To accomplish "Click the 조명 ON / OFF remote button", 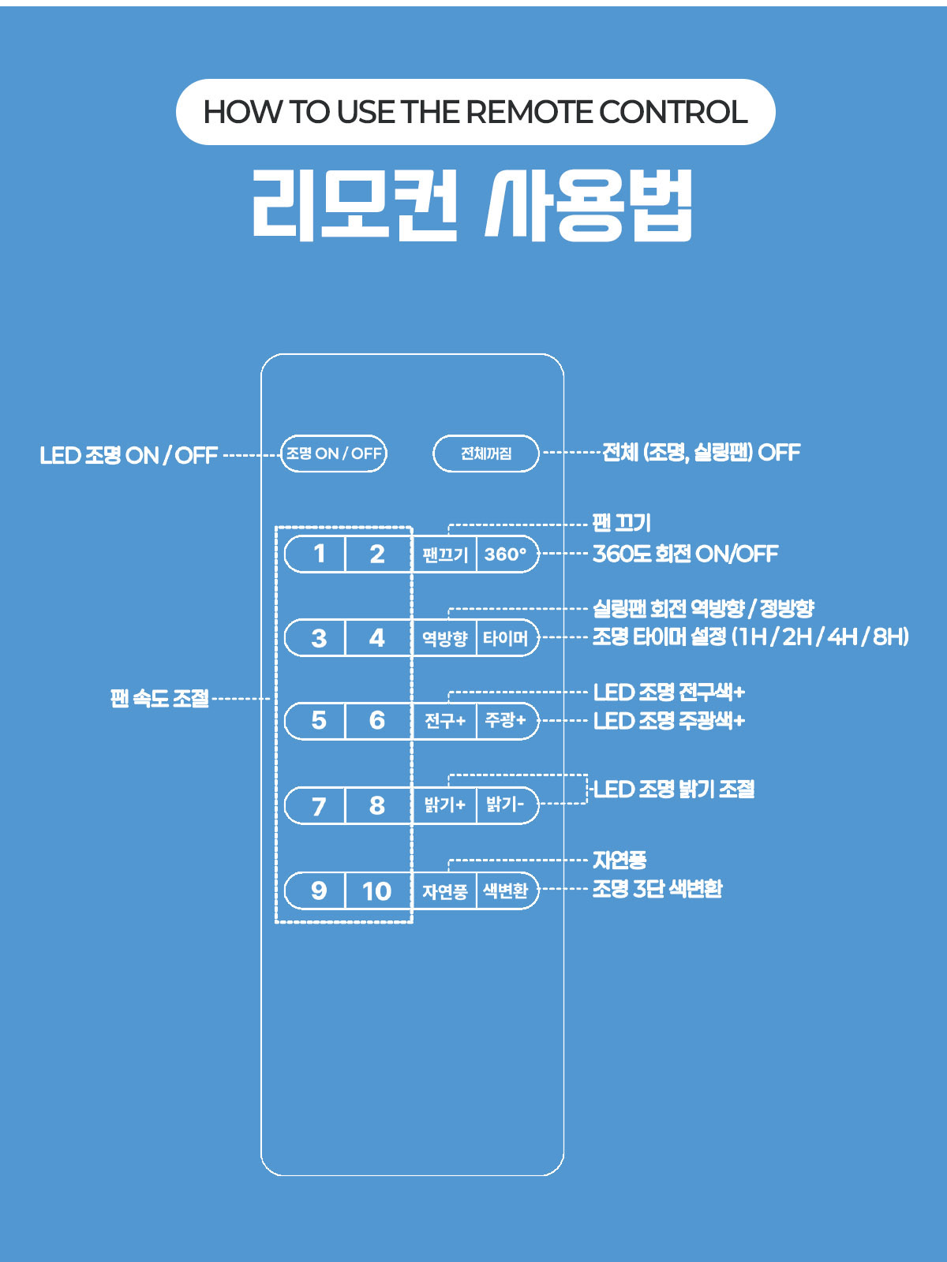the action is pos(334,454).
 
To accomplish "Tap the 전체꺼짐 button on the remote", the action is pos(486,454).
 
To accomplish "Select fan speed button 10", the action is pos(377,891).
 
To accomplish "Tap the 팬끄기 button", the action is pos(444,554).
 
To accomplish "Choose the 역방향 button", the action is pos(444,637).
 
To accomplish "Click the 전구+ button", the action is pos(444,720).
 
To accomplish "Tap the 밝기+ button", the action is pos(444,805).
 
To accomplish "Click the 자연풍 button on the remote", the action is pos(444,891).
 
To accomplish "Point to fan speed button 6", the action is pos(377,720).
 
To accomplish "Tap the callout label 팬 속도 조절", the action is pos(160,699).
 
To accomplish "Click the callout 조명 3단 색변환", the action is pos(657,889).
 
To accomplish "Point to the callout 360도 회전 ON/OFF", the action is pos(685,554).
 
